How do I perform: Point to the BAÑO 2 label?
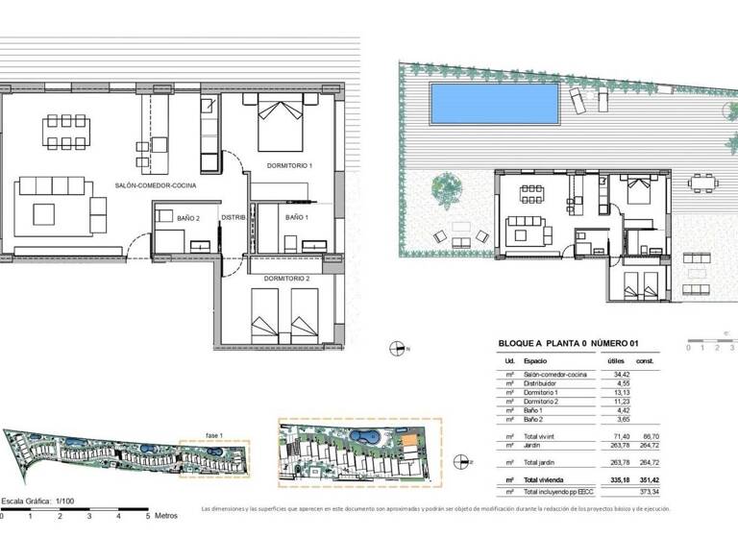click(188, 218)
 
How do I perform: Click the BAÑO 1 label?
click(296, 218)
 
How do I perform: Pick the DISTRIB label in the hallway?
click(234, 218)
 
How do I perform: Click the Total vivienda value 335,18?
click(613, 477)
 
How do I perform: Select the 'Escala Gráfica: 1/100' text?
click(38, 501)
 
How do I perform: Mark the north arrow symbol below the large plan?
click(395, 349)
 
